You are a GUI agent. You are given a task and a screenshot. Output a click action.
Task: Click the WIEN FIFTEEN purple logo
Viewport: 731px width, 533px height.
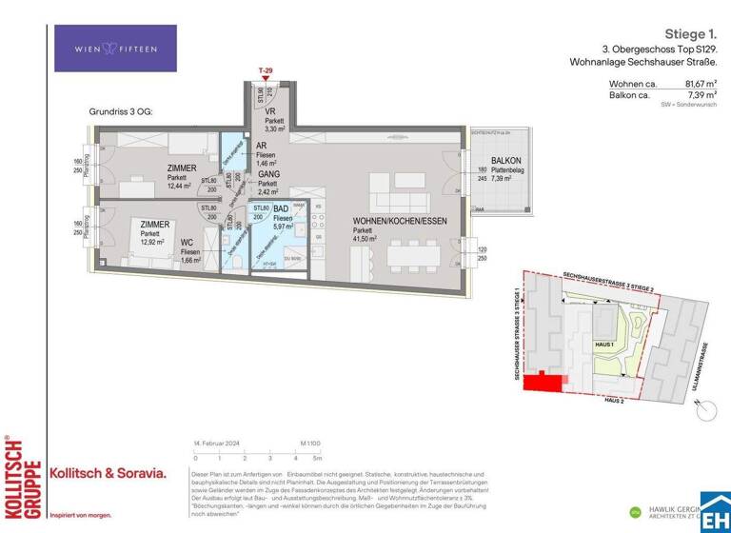click(x=115, y=49)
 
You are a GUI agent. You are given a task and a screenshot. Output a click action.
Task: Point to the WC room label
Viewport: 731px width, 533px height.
click(x=188, y=243)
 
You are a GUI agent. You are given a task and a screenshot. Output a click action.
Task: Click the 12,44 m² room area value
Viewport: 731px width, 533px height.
click(x=180, y=186)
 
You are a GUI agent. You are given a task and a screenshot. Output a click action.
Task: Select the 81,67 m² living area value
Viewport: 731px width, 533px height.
click(x=699, y=84)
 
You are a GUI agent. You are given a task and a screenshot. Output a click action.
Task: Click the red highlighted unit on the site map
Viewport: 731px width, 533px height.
click(x=546, y=382)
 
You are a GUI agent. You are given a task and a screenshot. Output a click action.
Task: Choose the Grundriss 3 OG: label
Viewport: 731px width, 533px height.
click(x=120, y=111)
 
